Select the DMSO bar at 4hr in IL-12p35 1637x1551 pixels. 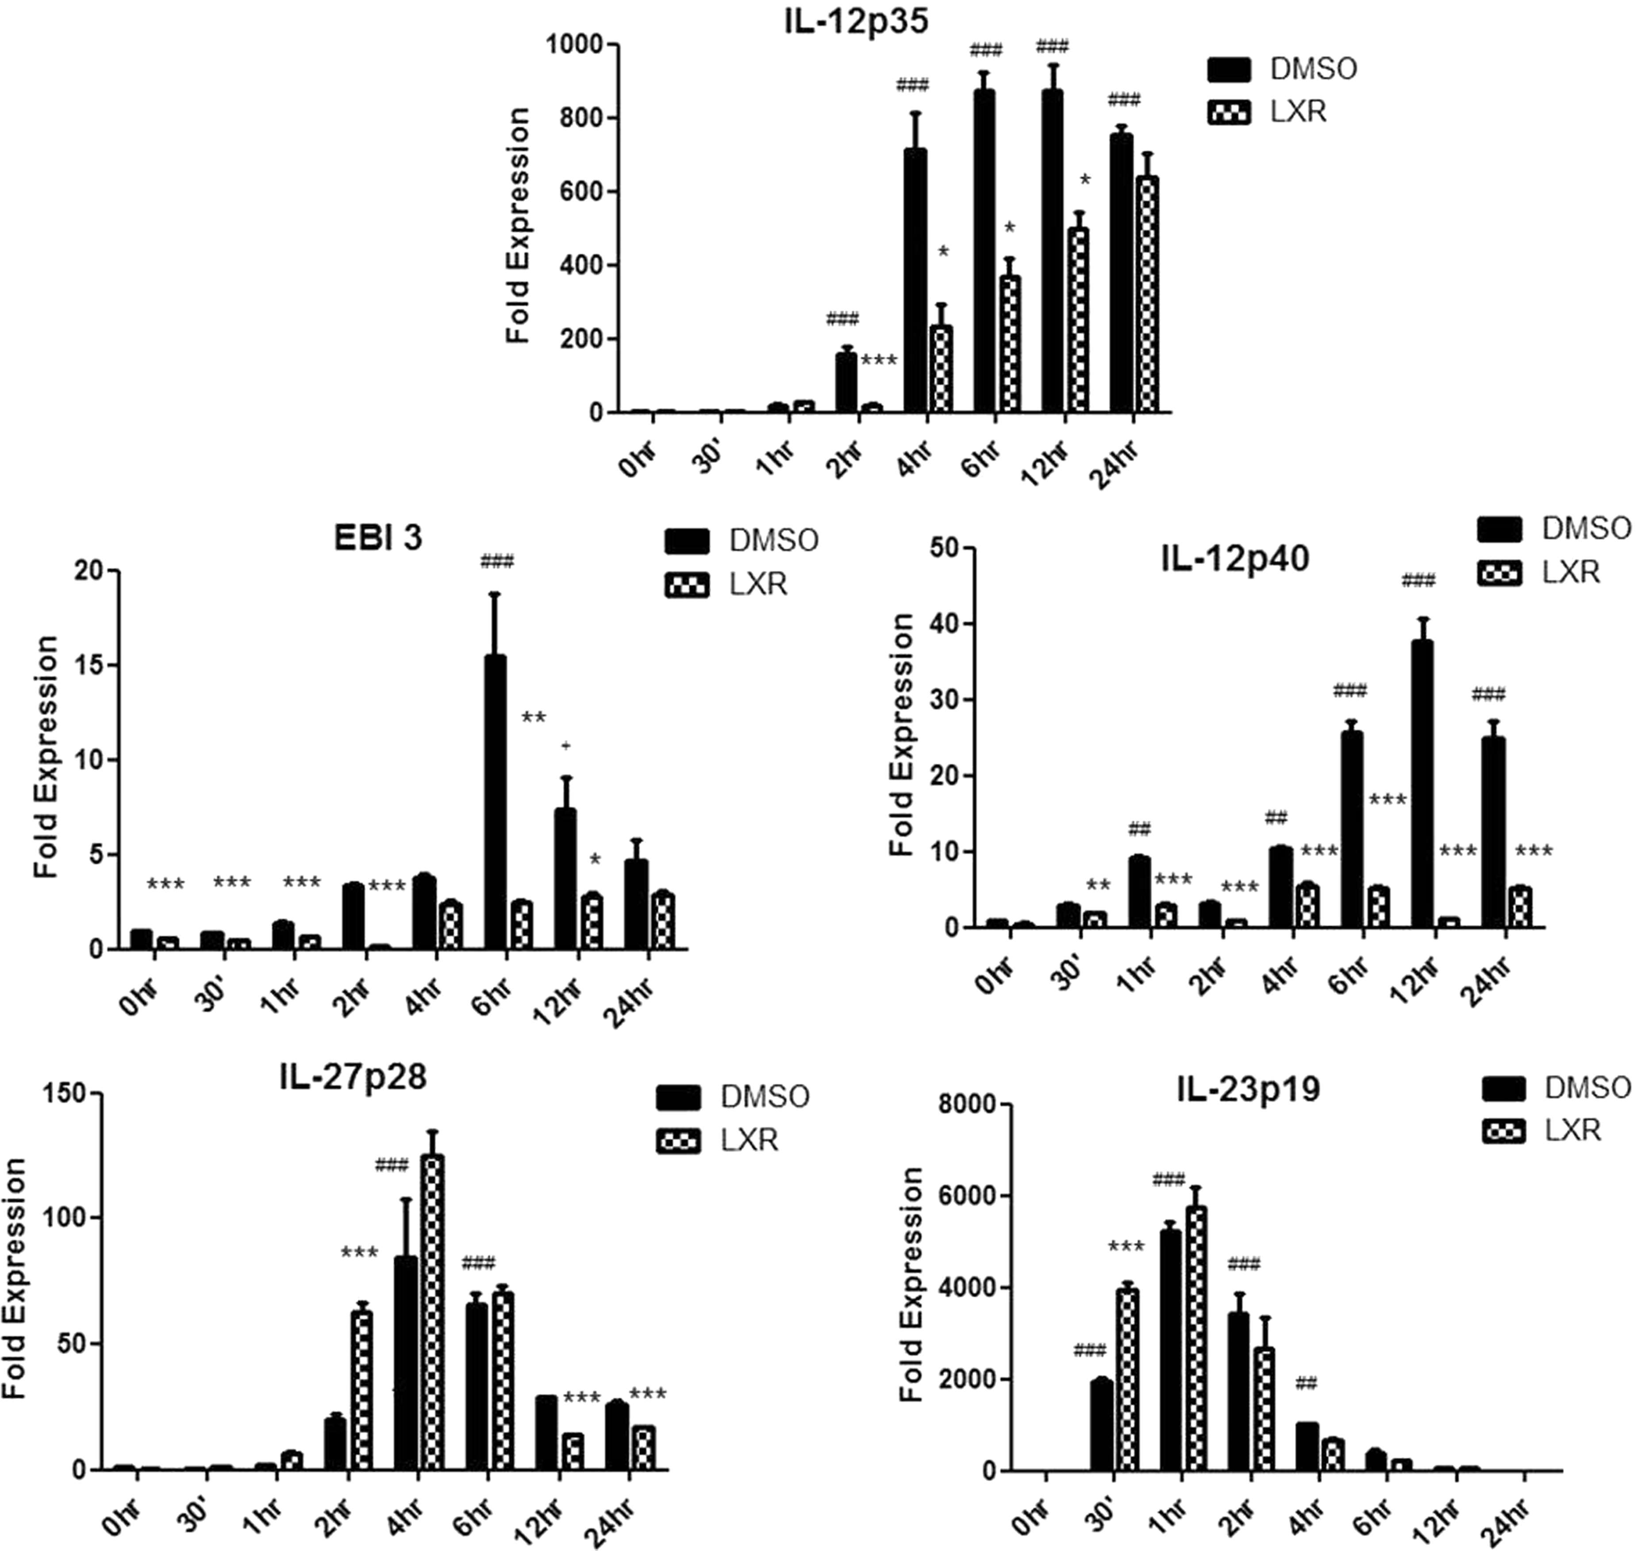915,280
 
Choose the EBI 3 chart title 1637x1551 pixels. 378,538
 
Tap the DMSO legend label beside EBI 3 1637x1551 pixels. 773,541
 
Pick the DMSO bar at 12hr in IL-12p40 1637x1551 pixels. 1422,784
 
